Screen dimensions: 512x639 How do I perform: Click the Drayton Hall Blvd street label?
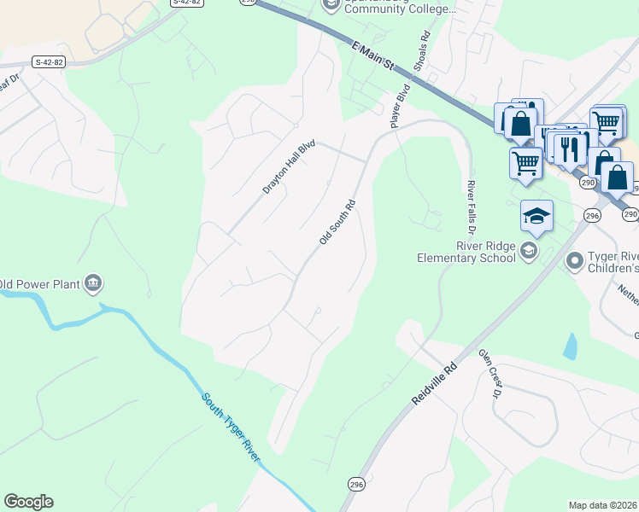click(x=290, y=167)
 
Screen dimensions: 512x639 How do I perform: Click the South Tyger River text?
click(x=231, y=428)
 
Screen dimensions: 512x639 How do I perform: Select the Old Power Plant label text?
click(x=41, y=283)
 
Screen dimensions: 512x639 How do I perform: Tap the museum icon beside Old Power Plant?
click(x=94, y=282)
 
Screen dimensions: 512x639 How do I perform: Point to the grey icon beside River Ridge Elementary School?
click(x=529, y=249)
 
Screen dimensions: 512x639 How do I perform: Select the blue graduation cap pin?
click(x=536, y=215)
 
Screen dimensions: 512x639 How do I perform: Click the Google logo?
click(x=28, y=502)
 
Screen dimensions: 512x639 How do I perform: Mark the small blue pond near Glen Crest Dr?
click(x=570, y=346)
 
